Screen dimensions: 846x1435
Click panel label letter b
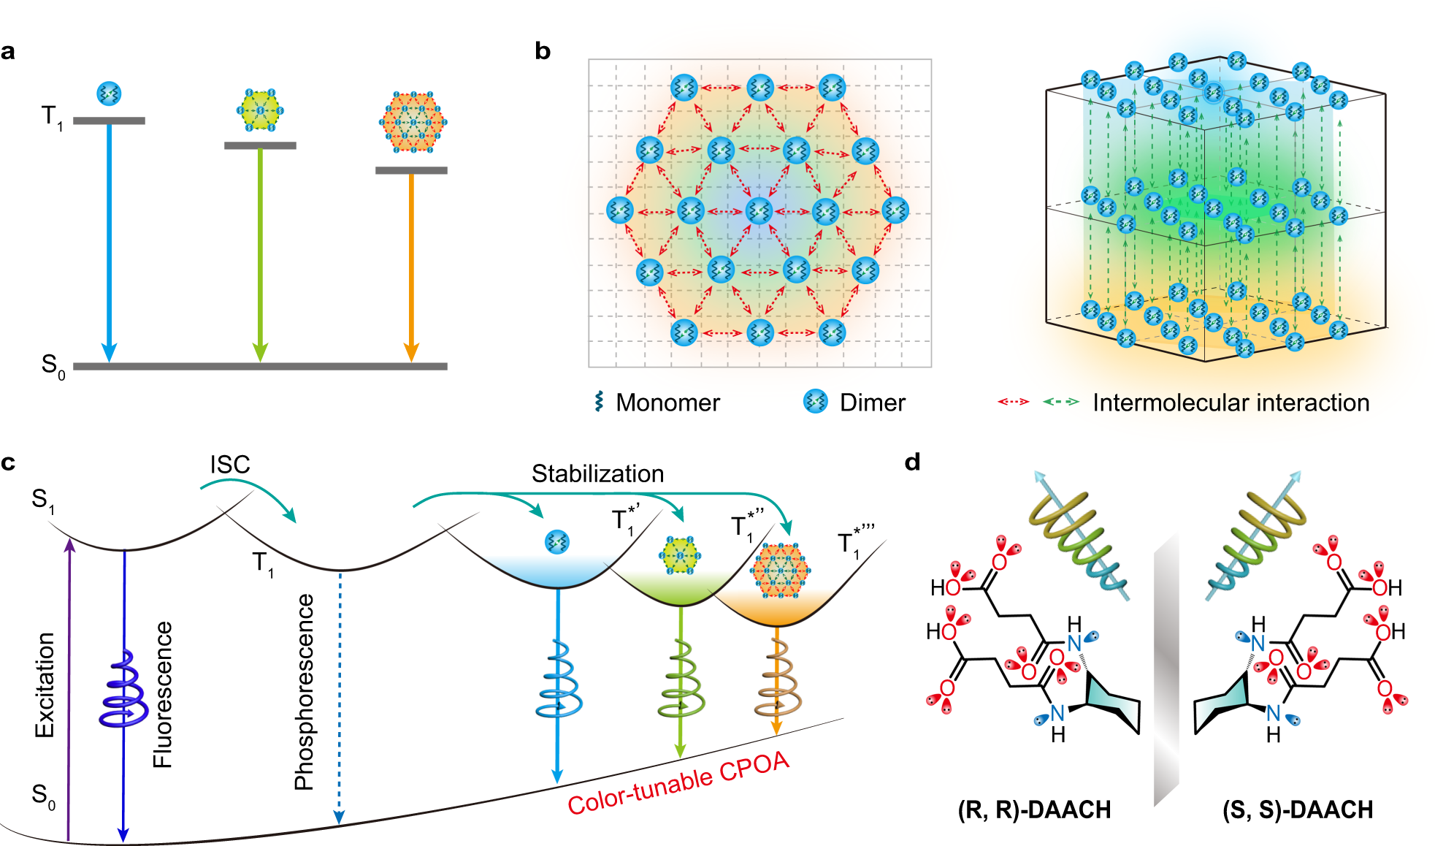point(542,51)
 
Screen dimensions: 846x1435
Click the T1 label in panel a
point(52,117)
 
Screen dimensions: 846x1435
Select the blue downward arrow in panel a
point(109,241)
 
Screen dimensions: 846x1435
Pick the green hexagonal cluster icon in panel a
point(260,110)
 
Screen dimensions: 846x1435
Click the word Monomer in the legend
point(667,403)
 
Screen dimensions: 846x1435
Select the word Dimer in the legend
point(872,403)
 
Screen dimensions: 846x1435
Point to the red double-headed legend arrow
point(1013,401)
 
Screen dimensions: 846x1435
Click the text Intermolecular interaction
point(1231,403)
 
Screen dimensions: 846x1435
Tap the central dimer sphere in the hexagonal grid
point(759,211)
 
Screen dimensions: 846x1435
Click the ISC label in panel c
point(230,465)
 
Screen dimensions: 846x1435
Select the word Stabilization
point(597,473)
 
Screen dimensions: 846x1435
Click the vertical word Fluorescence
point(162,694)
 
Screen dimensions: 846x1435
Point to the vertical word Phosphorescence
point(304,692)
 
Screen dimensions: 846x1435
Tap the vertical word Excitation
point(45,685)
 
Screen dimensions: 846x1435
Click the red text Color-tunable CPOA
point(678,783)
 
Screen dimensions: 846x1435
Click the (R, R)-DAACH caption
point(1034,809)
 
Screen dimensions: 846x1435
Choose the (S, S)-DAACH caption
point(1298,809)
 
